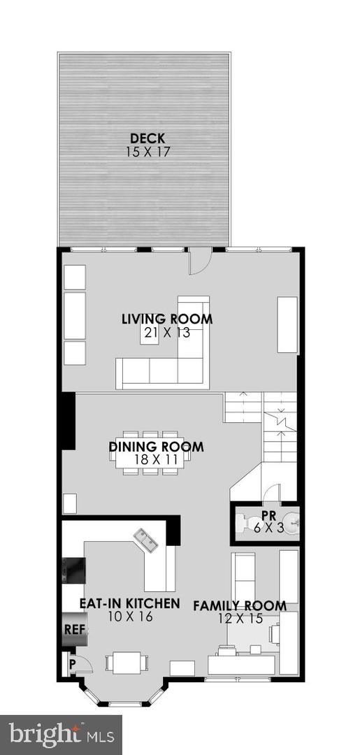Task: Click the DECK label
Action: [148, 139]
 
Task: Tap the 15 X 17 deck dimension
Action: [148, 152]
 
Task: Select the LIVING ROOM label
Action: [167, 319]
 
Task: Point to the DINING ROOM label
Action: [157, 446]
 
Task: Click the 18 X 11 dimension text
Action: [157, 459]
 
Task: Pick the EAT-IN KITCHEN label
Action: [129, 603]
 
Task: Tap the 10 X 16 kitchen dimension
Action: [129, 616]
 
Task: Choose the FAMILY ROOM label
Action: [240, 605]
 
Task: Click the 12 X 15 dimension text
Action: [240, 619]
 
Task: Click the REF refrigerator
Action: [74, 629]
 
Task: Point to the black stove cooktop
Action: [73, 570]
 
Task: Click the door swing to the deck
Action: [200, 262]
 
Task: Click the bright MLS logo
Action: [61, 735]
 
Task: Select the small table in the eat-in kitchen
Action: [127, 663]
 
